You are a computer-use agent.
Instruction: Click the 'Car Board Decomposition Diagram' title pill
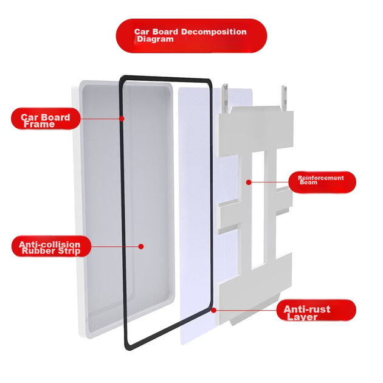point(191,36)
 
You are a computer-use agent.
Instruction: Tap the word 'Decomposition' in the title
point(214,32)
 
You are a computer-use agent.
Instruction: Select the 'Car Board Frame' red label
point(46,119)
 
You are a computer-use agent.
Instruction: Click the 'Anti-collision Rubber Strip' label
point(51,246)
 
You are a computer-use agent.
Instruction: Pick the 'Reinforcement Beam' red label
point(322,182)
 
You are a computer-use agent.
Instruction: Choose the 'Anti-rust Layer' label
point(316,310)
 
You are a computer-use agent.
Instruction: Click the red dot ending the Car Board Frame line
point(122,119)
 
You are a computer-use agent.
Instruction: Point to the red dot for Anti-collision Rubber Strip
point(140,246)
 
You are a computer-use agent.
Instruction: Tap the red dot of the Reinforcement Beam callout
point(249,182)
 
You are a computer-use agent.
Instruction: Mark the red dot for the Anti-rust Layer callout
point(214,310)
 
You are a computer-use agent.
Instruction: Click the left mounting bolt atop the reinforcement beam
point(225,98)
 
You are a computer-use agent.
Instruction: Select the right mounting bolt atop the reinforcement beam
point(284,98)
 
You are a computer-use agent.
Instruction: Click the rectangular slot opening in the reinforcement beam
point(258,209)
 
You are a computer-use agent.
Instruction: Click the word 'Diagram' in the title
point(155,39)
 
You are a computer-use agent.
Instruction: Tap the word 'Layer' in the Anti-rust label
point(302,317)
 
